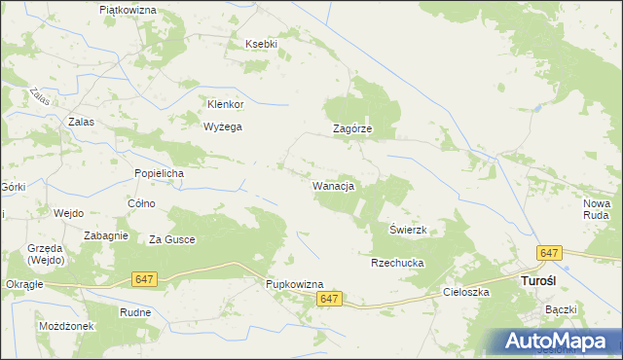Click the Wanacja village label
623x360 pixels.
[332, 185]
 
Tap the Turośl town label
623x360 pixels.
[531, 281]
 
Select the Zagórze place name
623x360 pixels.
[352, 128]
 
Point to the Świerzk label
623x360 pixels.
[409, 230]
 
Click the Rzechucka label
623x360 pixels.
[394, 263]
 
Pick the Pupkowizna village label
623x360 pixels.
[295, 284]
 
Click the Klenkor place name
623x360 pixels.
[225, 104]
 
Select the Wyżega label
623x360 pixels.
[222, 126]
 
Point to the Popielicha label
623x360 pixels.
[159, 173]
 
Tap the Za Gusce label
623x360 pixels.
[171, 239]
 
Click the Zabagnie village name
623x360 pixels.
[107, 235]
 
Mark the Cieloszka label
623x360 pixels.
[464, 291]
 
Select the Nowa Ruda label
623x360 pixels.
[596, 208]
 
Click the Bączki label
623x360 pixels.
[562, 309]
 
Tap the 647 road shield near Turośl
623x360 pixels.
[550, 253]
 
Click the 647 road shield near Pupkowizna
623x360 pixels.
[330, 301]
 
